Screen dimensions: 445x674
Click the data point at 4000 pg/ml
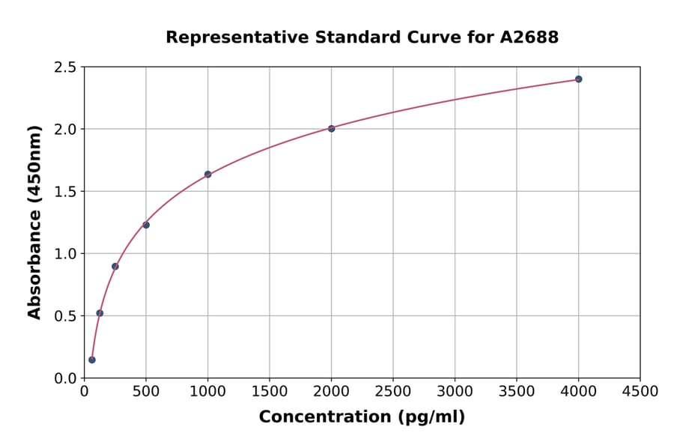coord(578,79)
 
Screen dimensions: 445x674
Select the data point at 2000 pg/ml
coord(331,128)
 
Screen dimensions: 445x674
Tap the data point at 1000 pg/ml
coord(207,174)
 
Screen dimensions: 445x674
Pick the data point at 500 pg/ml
coord(146,225)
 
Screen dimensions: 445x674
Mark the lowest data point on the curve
coord(92,360)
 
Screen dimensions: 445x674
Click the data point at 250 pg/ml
coord(115,266)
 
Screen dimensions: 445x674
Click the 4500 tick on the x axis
coord(640,391)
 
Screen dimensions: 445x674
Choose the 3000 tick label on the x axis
coord(455,391)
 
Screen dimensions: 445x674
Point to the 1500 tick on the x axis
coord(270,391)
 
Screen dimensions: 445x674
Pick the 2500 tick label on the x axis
coord(393,391)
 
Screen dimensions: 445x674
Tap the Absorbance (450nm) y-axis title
coord(34,222)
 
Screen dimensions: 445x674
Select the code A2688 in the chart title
coord(529,37)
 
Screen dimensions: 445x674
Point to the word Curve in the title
coord(435,37)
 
